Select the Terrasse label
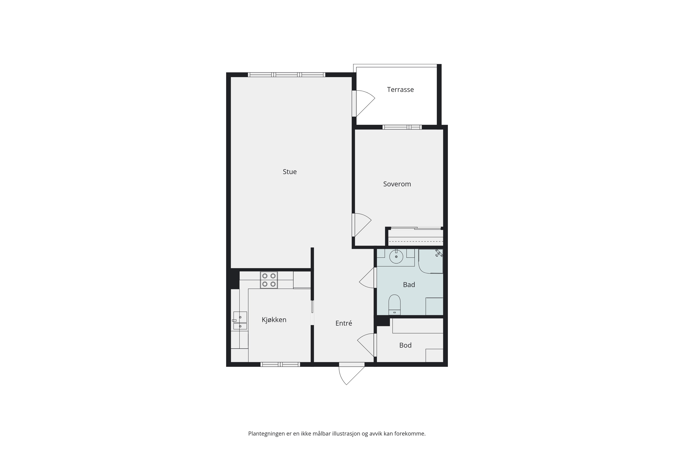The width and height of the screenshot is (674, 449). click(400, 89)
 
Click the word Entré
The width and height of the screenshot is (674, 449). click(344, 323)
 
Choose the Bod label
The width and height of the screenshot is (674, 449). click(405, 345)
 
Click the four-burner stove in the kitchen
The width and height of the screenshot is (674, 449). click(269, 280)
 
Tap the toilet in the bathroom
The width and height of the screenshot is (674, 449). click(394, 305)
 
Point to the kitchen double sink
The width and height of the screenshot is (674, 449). click(240, 320)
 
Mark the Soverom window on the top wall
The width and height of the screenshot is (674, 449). click(402, 127)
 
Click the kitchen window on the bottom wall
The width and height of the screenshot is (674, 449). click(280, 364)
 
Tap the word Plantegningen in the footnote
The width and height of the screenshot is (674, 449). click(267, 434)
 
